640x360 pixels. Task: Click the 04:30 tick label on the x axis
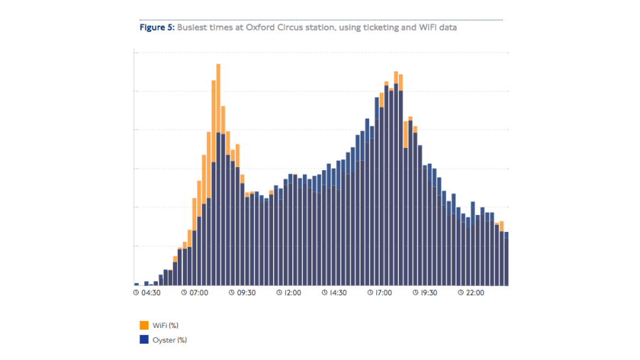click(150, 292)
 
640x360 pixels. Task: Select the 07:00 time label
click(199, 292)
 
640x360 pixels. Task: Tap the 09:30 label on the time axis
click(245, 292)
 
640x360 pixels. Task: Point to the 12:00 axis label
click(292, 292)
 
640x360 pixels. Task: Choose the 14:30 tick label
click(338, 292)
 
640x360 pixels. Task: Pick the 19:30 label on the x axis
click(428, 292)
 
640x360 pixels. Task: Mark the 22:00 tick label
click(474, 292)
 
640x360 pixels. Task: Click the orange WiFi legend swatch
click(144, 325)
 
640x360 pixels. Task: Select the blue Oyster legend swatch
click(144, 339)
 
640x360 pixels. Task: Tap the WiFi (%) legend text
click(165, 325)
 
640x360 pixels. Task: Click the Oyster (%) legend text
click(169, 339)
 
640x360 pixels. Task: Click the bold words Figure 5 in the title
click(156, 28)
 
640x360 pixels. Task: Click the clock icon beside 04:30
click(136, 292)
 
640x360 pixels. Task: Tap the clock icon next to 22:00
click(460, 292)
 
